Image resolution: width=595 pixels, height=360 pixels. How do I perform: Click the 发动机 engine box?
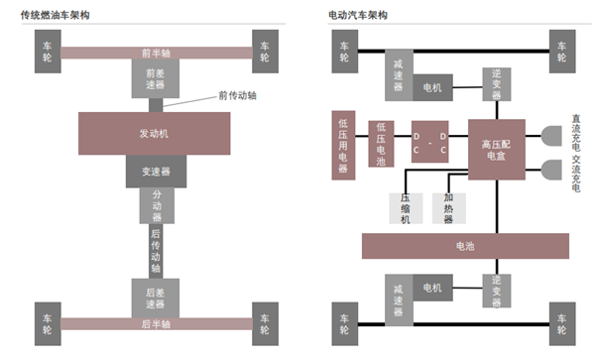[154, 133]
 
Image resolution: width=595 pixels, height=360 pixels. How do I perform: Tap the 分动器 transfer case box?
[156, 205]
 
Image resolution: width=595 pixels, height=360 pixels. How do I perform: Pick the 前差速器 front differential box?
[155, 78]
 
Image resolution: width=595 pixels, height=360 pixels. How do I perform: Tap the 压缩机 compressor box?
[406, 207]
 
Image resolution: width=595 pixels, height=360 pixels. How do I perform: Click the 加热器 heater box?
[448, 207]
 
